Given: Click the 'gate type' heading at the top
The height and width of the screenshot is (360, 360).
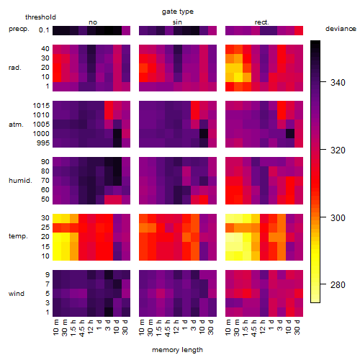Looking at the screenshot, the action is point(178,12).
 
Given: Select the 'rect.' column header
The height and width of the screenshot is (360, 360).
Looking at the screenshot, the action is point(261,22).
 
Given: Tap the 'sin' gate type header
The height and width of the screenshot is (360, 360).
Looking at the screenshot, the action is point(177,22).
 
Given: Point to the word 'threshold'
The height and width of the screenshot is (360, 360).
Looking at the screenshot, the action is point(40,17).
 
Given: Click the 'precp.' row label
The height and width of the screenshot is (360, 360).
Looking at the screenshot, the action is point(19,29).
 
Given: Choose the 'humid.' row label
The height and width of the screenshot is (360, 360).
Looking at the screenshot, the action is point(20,180).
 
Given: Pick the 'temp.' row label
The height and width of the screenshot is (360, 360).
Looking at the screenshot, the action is point(18,236).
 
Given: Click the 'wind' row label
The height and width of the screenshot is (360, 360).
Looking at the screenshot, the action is point(17,294).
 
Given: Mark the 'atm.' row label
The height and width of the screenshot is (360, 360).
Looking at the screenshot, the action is point(16,125).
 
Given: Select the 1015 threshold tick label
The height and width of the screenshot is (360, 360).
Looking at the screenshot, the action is point(41,106).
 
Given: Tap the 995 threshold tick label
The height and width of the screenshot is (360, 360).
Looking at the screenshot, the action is point(43,143).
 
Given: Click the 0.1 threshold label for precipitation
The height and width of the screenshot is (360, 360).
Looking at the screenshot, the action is point(44,30).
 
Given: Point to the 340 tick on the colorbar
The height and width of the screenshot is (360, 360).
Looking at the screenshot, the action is point(338,83).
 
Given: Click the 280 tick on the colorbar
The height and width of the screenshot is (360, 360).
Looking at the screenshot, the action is point(338,285).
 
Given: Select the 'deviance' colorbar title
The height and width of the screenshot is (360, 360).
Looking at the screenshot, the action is point(341,29).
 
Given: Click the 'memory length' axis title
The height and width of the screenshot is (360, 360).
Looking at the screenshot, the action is point(178,350).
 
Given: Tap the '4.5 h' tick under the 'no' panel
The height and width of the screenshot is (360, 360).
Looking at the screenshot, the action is point(81,328).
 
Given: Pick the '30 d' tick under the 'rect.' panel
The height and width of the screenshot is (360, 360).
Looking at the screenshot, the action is point(297,327).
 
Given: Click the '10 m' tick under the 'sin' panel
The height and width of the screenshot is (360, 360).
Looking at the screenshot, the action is point(142,327).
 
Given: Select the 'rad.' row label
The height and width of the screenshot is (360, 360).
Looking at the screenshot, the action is point(15,68).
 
